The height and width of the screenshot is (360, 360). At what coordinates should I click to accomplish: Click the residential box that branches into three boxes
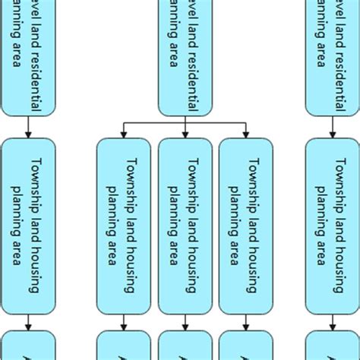185,57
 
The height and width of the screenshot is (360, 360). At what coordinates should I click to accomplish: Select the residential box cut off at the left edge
28,57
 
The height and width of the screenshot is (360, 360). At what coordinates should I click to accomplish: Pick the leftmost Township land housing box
28,226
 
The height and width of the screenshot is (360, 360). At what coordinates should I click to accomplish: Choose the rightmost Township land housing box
333,226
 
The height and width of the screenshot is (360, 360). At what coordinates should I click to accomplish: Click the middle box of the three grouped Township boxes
185,226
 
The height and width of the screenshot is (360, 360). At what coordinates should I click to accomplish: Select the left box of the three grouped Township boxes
124,226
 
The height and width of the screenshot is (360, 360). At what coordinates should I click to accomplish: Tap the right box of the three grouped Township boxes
245,226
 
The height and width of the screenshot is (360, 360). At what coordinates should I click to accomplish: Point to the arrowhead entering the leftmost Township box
28,134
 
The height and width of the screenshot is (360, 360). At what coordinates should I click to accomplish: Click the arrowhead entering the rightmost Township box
333,134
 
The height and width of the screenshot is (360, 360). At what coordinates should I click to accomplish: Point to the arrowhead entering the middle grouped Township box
185,134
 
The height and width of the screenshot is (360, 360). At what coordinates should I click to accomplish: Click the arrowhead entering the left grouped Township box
124,134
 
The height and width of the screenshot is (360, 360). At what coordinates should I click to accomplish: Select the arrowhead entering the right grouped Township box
245,134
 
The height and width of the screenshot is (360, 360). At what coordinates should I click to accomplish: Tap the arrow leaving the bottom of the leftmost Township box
28,322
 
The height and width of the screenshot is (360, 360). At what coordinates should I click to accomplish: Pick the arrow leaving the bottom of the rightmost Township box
333,322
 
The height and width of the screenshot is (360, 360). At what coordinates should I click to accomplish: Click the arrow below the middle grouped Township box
185,322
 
